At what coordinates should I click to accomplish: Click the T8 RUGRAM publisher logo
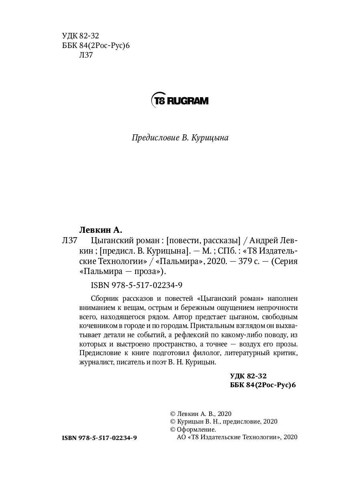tap(180, 100)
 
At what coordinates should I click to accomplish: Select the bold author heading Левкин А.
tap(100, 230)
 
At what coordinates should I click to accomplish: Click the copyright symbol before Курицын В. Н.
tap(173, 422)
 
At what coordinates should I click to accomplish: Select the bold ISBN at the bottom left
tap(100, 438)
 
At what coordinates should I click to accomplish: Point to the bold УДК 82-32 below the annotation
tap(248, 376)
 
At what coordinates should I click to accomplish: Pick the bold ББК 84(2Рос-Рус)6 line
tap(263, 385)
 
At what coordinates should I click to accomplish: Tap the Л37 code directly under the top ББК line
tap(86, 55)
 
